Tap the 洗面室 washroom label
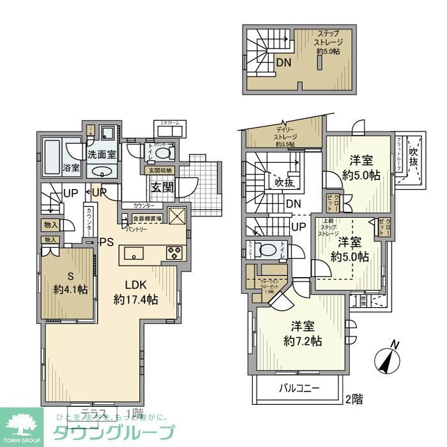100,154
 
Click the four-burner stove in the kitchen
174,252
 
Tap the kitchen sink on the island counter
135,254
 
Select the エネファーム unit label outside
169,124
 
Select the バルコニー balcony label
298,388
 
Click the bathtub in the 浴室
52,151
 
